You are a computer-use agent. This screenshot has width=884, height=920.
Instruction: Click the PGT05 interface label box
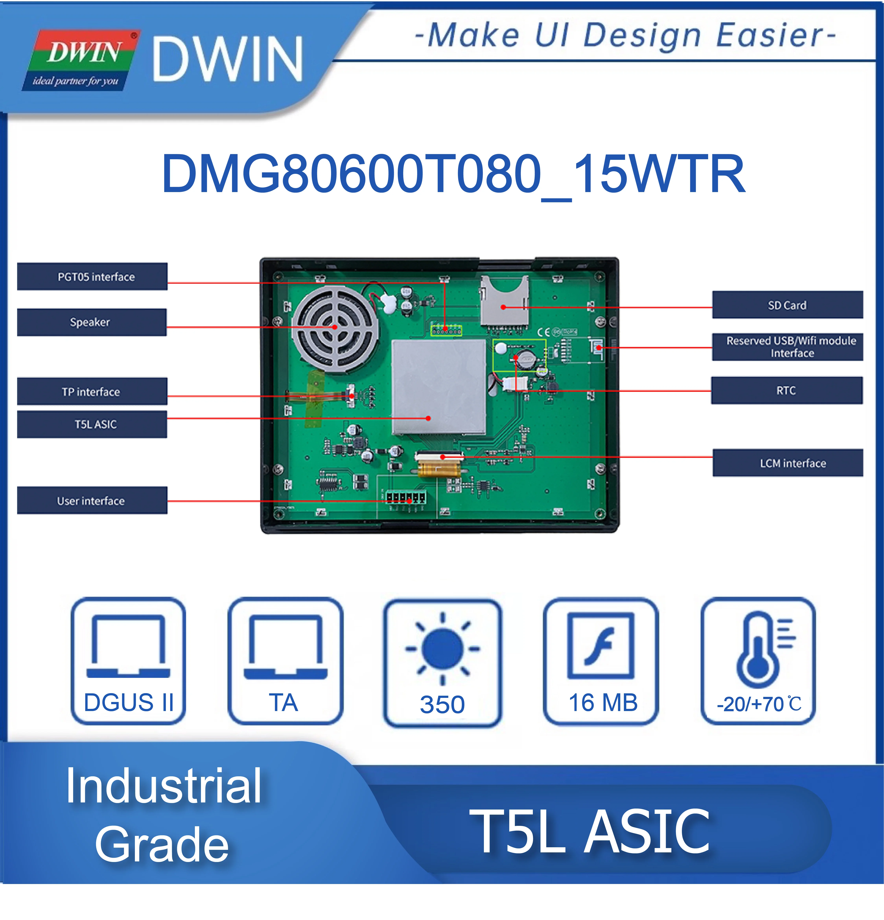tap(92, 276)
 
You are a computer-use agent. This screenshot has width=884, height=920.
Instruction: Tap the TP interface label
tap(92, 391)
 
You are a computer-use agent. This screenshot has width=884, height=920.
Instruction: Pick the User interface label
tap(92, 500)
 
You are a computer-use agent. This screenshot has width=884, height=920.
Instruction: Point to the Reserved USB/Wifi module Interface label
tap(787, 347)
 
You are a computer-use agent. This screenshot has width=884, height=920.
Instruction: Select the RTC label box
tap(787, 390)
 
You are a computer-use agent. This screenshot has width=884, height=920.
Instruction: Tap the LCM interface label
tap(788, 463)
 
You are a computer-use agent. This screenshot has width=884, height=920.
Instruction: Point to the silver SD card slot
tap(504, 301)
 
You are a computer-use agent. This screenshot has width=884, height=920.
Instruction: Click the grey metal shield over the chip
tap(439, 387)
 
